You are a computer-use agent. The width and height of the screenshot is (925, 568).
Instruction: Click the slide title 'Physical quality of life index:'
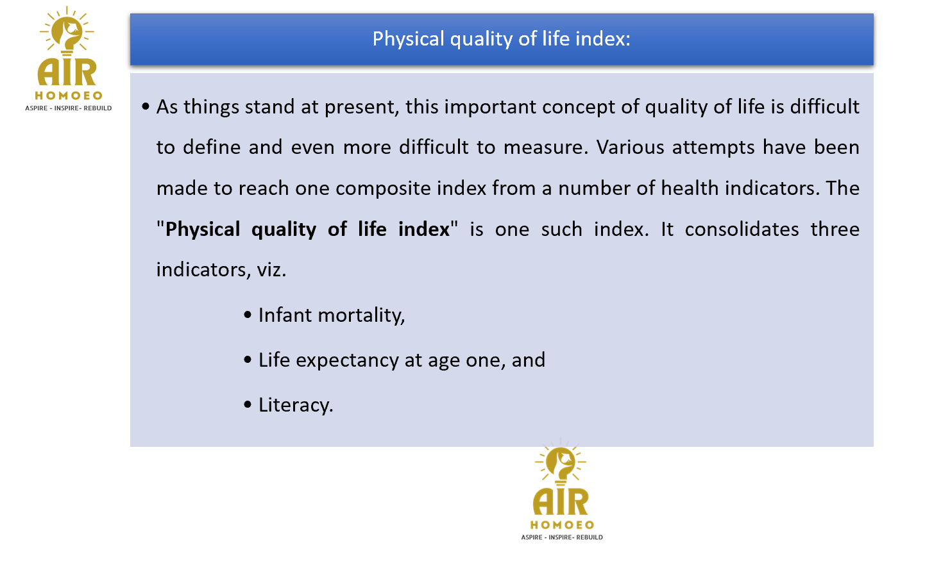(x=502, y=39)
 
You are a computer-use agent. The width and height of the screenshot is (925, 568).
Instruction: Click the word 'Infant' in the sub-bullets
(x=285, y=315)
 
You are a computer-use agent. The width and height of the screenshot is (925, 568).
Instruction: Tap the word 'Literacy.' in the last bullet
(x=296, y=405)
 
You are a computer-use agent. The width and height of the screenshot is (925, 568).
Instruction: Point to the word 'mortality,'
(x=362, y=316)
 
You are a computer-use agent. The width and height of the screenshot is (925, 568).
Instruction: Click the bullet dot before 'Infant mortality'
(x=248, y=315)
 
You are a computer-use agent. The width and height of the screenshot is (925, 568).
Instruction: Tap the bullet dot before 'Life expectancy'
(x=248, y=360)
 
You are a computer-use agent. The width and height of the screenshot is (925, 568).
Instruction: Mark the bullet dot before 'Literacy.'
(x=248, y=405)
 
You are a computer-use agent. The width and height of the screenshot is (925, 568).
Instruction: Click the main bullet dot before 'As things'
(x=146, y=106)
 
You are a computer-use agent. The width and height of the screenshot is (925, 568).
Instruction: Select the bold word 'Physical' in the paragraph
(x=203, y=230)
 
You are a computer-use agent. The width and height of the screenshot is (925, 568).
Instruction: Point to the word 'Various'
(x=630, y=147)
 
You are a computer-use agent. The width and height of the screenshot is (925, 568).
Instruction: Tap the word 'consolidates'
(x=742, y=229)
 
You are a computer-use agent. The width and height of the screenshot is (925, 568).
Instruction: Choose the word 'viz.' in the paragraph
(x=271, y=270)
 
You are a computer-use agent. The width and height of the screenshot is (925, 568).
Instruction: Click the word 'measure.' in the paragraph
(x=546, y=148)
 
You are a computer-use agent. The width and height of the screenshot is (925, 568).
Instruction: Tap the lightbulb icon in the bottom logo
(x=561, y=462)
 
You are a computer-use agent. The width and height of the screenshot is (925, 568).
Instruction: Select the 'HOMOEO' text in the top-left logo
(x=69, y=96)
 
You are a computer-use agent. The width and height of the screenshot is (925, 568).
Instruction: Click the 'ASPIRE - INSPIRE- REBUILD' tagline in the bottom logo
(x=562, y=537)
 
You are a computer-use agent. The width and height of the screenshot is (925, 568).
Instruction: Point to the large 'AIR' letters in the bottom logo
(x=561, y=501)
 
